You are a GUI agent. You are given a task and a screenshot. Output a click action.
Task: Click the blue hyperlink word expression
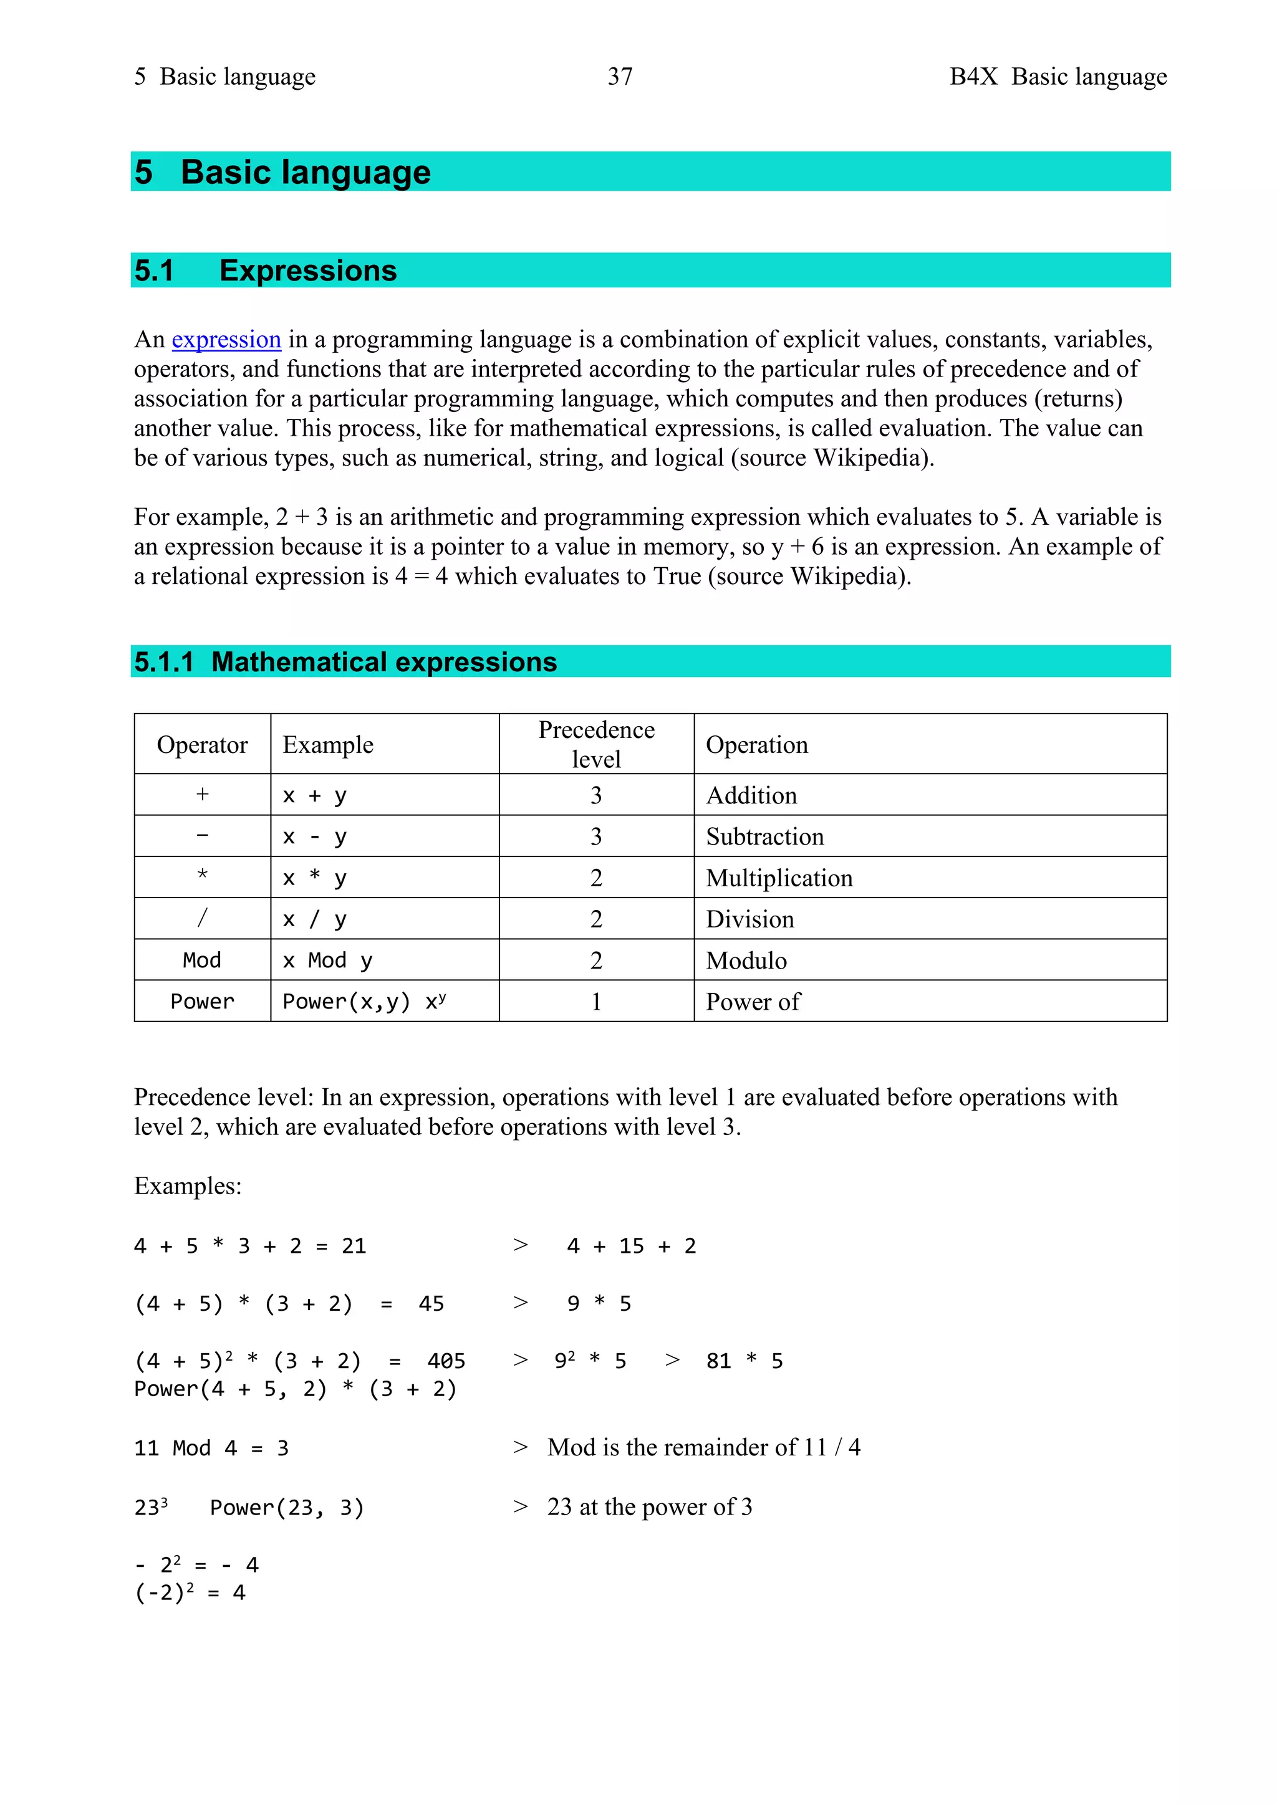(x=226, y=340)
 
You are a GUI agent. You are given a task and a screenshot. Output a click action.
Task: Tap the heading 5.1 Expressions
(x=266, y=271)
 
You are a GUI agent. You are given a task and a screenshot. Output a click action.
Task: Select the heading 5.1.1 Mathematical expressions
(x=345, y=662)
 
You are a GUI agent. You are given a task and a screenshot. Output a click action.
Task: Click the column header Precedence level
(x=596, y=744)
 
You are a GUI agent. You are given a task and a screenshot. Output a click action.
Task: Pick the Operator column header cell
(x=202, y=744)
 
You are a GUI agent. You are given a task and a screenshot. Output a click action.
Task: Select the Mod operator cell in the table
(x=202, y=960)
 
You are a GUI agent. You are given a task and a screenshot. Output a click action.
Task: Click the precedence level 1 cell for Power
(x=596, y=1002)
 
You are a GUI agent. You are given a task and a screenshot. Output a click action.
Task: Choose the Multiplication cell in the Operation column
(x=778, y=878)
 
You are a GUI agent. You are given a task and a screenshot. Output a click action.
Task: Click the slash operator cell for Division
(x=202, y=918)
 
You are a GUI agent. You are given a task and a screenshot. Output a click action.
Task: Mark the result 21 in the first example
(x=354, y=1246)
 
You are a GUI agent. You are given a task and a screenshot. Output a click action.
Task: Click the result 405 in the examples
(x=446, y=1361)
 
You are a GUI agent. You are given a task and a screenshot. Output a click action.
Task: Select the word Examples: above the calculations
(x=188, y=1186)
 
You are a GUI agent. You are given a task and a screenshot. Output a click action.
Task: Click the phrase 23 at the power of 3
(x=650, y=1507)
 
